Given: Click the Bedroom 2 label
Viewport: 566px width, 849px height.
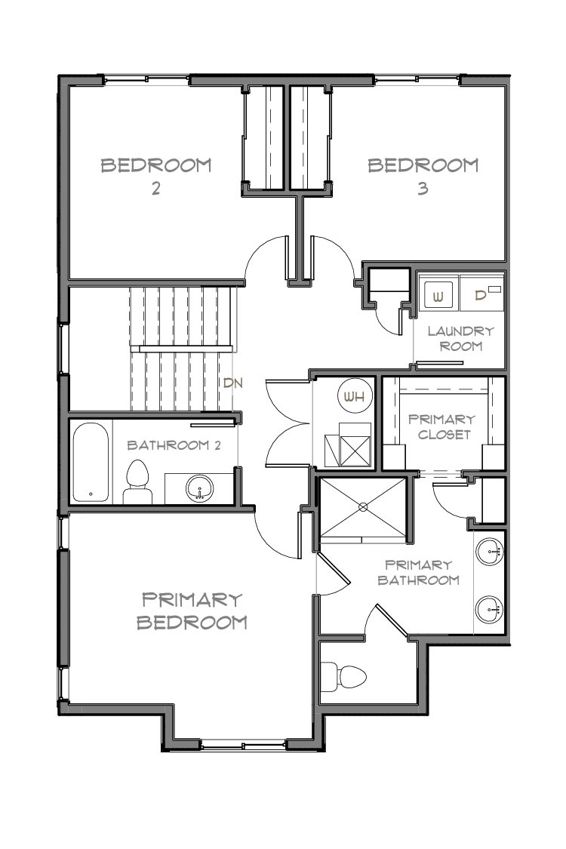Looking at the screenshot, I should point(156,176).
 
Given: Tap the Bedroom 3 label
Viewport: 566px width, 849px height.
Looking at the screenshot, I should point(423,176).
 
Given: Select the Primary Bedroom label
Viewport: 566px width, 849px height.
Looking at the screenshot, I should point(192,611).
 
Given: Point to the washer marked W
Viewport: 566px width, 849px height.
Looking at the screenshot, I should point(438,294).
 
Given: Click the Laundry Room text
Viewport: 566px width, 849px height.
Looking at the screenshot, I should point(460,338).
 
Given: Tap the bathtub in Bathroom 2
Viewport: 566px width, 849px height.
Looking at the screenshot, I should point(91,462).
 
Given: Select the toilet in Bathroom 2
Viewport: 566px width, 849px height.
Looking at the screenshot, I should point(137,483).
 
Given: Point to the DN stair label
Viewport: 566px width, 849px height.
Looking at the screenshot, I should point(232,383).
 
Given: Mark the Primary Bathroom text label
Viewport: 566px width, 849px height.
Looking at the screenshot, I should point(418,572).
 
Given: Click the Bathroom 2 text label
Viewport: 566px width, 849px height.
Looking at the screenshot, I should point(174,444).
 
